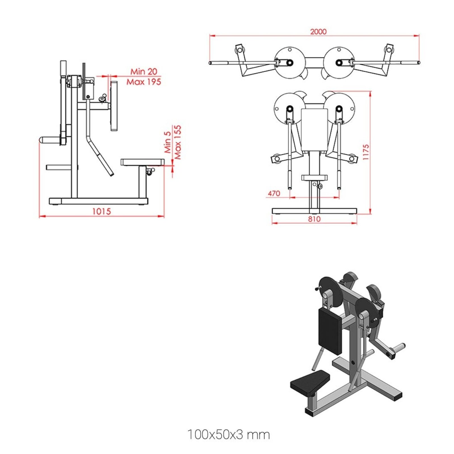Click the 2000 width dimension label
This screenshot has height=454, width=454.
318,31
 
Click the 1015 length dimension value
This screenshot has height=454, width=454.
102,211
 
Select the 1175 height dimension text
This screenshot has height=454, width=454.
366,152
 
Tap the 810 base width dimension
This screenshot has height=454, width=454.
314,219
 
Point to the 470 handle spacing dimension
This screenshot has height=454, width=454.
274,194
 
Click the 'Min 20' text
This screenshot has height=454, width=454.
144,72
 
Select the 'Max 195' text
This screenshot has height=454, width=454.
144,82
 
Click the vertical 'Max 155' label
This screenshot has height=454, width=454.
178,142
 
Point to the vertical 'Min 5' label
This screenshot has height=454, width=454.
168,142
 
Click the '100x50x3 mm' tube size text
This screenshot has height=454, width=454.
228,434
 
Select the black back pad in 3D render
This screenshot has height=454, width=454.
330,331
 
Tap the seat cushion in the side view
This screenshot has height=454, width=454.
142,162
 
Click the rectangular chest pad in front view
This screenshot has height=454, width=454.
314,129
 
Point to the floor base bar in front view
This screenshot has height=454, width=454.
314,211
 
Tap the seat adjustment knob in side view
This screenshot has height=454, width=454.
150,171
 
